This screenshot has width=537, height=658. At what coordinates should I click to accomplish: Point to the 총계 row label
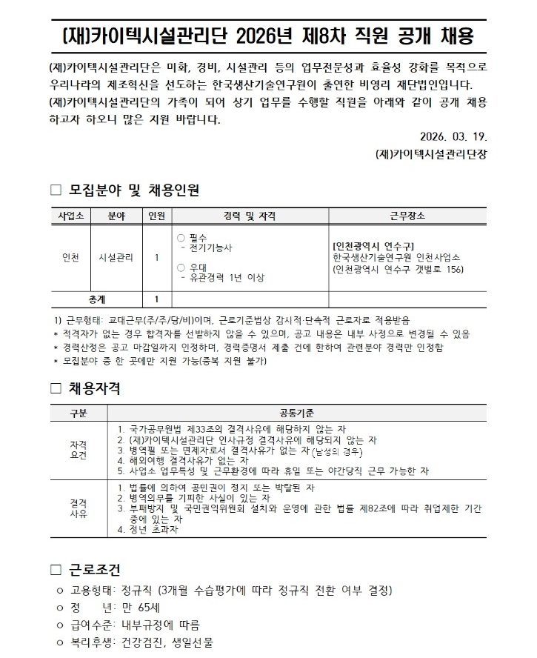(97, 299)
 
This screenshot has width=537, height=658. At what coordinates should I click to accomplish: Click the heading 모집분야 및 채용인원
(133, 190)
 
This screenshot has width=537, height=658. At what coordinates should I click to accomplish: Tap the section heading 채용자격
(95, 388)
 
